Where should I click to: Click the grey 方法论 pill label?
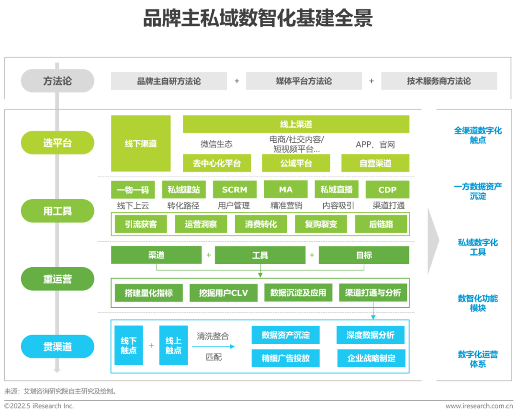coord(57,81)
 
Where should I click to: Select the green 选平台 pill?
coord(57,143)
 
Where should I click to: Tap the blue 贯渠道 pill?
coord(57,347)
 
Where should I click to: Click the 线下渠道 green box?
coord(141,144)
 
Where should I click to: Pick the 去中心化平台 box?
coord(217,163)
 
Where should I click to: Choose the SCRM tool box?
coord(235,190)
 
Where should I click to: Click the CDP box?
coord(387,190)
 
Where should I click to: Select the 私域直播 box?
coord(337,190)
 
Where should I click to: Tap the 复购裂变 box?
coord(321,224)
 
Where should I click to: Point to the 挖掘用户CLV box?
coord(224,293)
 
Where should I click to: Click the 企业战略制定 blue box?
coord(371,358)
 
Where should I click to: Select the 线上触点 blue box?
coord(173,345)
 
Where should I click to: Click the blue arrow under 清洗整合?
coord(213,347)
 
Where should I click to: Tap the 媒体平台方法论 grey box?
coord(304,81)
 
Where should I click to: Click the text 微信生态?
coord(217,144)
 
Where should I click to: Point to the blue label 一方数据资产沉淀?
coord(478,191)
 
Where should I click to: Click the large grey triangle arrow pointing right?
coord(433,241)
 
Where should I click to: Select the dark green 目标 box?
coord(364,255)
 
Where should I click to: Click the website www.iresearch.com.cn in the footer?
coord(479,406)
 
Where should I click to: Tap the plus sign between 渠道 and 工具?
coord(209,255)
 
